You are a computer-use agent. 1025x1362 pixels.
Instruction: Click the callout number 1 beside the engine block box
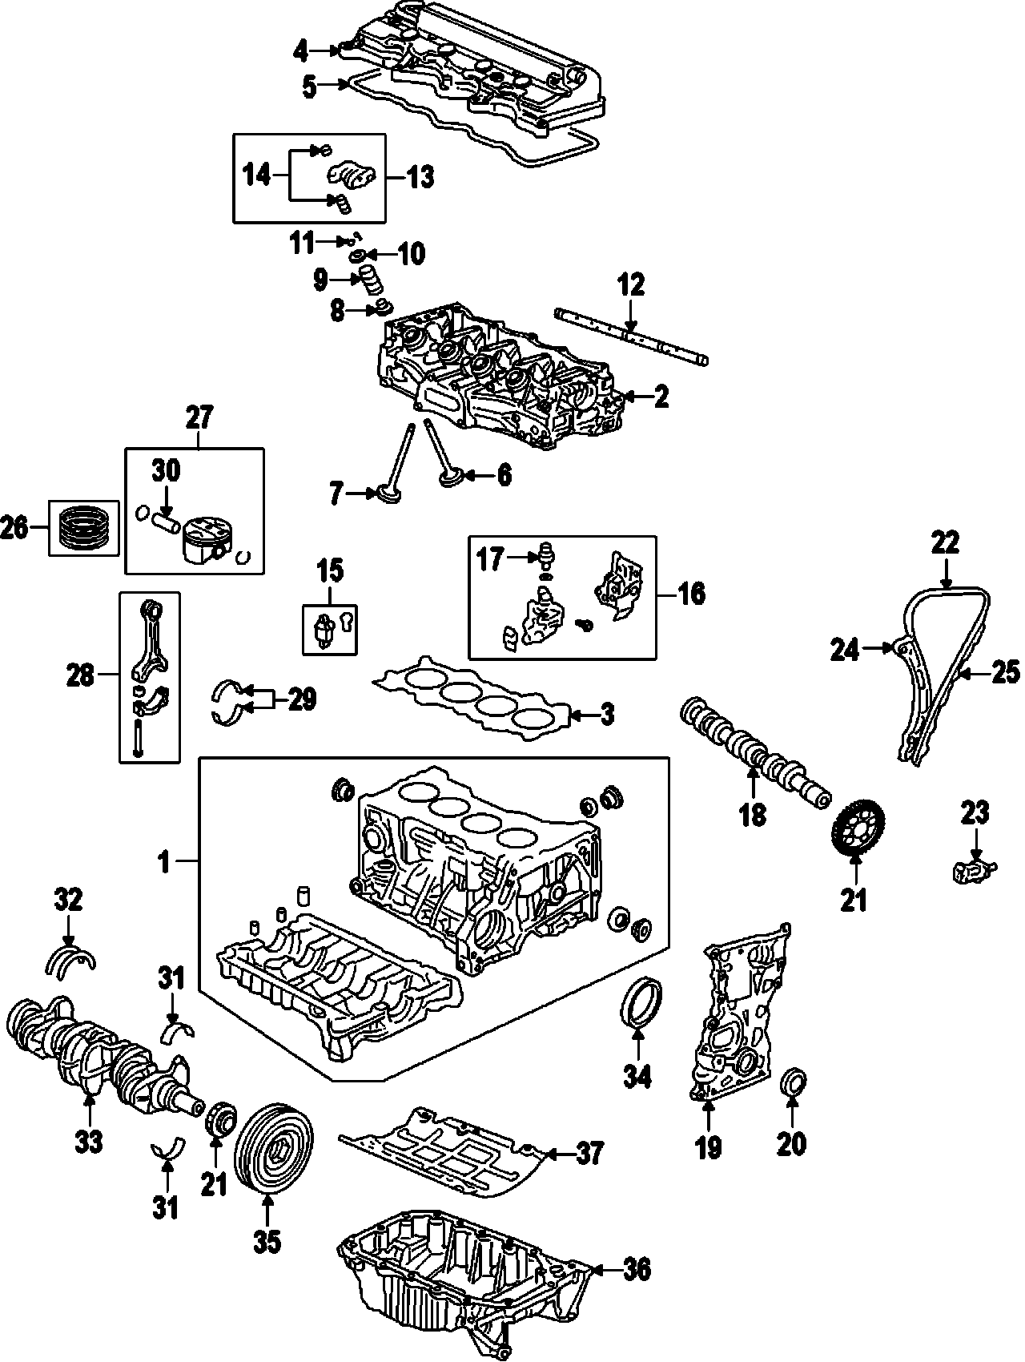[x=164, y=862]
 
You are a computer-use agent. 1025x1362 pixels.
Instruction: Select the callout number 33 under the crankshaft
[x=90, y=1141]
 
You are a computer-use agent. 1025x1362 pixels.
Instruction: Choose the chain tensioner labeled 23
[x=973, y=869]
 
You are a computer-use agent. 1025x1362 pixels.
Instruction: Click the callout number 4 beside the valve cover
[x=300, y=51]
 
